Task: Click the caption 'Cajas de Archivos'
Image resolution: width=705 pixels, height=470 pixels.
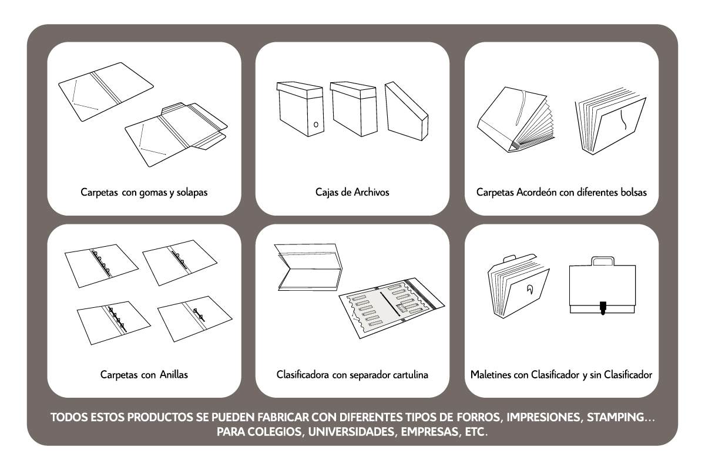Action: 352,192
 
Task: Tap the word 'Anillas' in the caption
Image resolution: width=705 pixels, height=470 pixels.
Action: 174,374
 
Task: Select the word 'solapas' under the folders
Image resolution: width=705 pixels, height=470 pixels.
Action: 192,192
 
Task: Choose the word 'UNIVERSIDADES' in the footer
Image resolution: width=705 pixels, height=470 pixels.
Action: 351,432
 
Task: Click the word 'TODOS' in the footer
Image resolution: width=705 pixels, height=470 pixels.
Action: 69,417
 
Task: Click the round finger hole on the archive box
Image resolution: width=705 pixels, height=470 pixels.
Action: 315,125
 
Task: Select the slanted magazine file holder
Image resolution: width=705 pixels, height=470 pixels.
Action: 407,111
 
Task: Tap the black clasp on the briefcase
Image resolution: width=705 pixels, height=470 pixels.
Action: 603,308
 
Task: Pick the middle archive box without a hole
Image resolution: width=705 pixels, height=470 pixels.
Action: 354,109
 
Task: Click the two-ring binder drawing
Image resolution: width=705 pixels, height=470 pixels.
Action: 195,318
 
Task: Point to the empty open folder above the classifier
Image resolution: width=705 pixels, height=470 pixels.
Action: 308,267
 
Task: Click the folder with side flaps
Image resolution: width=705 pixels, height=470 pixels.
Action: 176,135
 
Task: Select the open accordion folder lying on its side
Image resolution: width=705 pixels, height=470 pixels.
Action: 516,120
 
